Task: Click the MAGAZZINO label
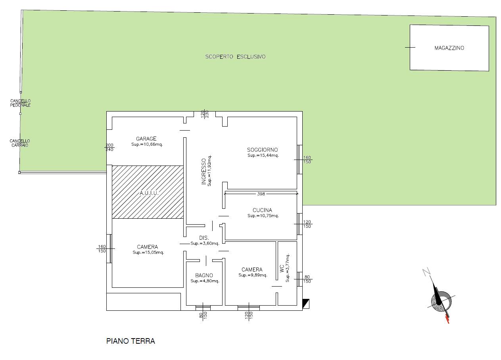tap(449, 48)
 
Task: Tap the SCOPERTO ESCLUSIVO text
tap(235, 57)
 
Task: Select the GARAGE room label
tap(146, 139)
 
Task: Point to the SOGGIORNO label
tap(262, 150)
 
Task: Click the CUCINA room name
tap(262, 210)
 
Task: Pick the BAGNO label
tap(204, 275)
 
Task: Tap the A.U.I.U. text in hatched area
tap(149, 193)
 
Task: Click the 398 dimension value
tap(261, 194)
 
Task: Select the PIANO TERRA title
tap(131, 341)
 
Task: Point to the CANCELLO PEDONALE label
tap(20, 103)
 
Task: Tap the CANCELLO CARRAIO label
tap(20, 143)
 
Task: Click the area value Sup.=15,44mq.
tap(263, 155)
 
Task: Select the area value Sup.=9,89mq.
tap(253, 275)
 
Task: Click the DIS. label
tap(204, 238)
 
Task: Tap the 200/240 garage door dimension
tap(109, 147)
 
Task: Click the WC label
tap(282, 269)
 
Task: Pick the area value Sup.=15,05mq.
tap(148, 252)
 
